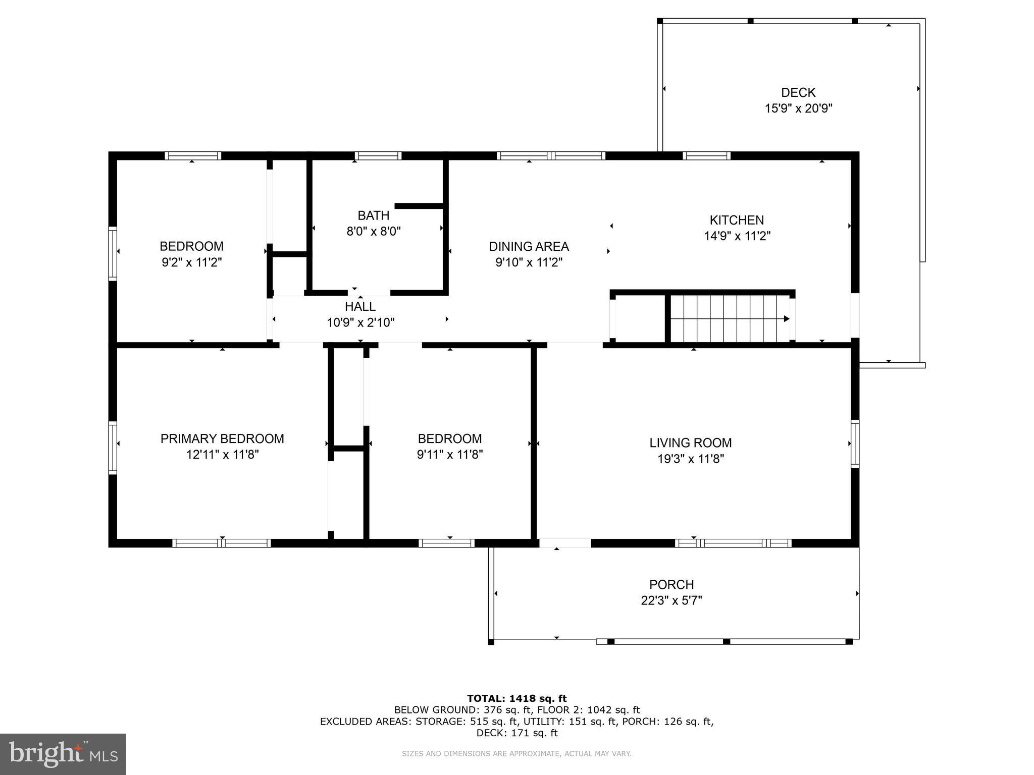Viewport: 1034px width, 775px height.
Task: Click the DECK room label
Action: tap(798, 92)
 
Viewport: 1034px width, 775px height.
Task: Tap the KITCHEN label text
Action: tap(737, 220)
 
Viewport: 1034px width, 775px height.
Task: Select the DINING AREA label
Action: tap(529, 246)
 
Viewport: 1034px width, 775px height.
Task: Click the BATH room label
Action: tap(374, 215)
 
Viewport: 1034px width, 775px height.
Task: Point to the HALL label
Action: tap(360, 306)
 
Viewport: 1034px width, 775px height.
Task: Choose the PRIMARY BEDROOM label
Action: tap(222, 438)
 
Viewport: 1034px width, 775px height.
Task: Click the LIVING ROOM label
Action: tap(691, 442)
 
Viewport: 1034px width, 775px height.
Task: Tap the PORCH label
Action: tap(671, 584)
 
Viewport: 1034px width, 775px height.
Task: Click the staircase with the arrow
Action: tap(730, 319)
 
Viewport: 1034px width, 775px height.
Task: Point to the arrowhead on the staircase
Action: tap(787, 319)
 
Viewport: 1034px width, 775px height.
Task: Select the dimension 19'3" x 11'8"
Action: tap(691, 459)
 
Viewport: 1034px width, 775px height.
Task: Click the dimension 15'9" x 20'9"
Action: tap(798, 108)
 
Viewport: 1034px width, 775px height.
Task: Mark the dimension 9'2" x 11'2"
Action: tap(192, 262)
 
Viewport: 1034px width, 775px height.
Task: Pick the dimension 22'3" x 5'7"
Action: tap(671, 600)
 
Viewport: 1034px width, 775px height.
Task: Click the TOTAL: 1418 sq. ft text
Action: tap(517, 698)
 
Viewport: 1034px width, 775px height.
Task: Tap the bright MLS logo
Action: tap(63, 754)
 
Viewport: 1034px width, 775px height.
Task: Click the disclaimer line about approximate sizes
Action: tap(516, 754)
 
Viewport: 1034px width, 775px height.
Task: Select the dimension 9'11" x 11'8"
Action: tap(450, 455)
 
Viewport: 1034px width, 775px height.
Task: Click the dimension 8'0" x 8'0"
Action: tap(374, 232)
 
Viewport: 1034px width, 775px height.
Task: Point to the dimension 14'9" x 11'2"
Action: tap(737, 236)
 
